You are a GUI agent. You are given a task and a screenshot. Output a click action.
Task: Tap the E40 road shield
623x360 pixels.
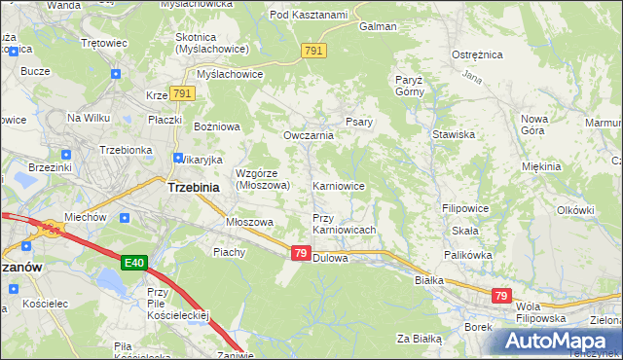click(x=135, y=263)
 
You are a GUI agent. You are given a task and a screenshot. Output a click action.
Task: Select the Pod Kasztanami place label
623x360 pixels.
click(x=309, y=15)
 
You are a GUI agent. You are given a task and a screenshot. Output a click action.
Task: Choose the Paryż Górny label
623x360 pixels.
click(x=413, y=86)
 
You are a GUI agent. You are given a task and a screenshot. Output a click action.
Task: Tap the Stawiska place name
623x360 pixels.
click(x=453, y=134)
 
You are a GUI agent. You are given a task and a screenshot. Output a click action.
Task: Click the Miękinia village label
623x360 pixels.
click(x=541, y=166)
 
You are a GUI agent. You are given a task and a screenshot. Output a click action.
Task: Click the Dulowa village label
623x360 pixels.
click(x=332, y=257)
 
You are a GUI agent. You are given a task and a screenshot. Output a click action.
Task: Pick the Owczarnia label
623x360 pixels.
click(x=308, y=135)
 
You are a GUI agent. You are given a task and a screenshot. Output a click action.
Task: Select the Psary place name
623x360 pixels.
click(x=355, y=122)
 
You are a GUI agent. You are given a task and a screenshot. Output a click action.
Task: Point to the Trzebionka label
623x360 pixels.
click(x=125, y=150)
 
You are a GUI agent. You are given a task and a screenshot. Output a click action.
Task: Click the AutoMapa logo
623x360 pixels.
click(x=560, y=341)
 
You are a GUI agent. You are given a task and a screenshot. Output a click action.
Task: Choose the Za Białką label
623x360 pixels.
click(x=419, y=339)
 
